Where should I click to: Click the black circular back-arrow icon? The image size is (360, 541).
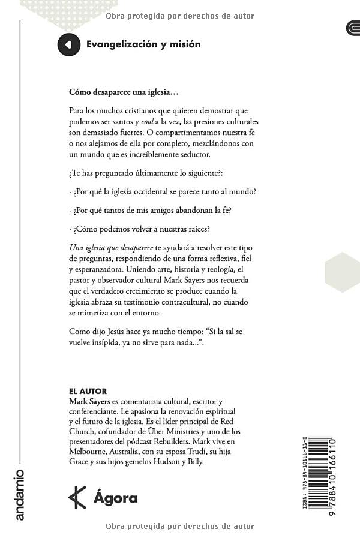(68, 44)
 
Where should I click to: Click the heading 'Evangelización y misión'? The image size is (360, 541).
(143, 44)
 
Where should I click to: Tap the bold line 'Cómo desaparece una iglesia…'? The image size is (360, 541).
(124, 93)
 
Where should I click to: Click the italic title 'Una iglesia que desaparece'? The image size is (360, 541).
(111, 248)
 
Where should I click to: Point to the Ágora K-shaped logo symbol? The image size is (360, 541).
(77, 497)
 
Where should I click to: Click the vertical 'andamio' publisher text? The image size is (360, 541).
(20, 494)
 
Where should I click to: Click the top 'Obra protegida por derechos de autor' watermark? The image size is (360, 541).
(179, 16)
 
